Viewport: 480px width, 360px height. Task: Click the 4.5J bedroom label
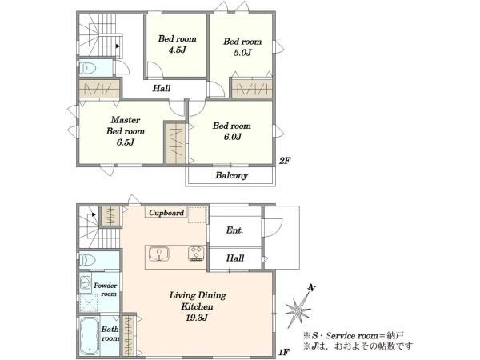click(177, 44)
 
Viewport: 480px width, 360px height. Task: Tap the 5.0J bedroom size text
click(242, 53)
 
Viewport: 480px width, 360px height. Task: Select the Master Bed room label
click(126, 126)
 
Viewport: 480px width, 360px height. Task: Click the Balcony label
click(231, 175)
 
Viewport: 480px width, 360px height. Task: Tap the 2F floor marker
click(285, 161)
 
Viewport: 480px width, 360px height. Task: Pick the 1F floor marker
click(284, 352)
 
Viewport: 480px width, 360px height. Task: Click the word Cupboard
click(166, 213)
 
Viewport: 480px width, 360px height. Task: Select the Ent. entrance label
click(234, 230)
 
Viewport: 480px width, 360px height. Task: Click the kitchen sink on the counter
click(159, 254)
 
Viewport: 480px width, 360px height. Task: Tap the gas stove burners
click(196, 254)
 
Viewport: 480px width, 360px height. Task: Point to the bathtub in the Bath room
click(90, 336)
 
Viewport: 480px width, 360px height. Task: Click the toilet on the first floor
click(88, 261)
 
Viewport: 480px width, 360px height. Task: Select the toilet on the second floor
click(88, 68)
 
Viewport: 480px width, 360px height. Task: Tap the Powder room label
click(106, 290)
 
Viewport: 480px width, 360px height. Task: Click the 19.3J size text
click(197, 318)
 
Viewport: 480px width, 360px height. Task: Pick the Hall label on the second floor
click(162, 89)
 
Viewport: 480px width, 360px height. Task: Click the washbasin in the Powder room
click(86, 282)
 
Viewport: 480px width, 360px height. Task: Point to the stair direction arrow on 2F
click(118, 46)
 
